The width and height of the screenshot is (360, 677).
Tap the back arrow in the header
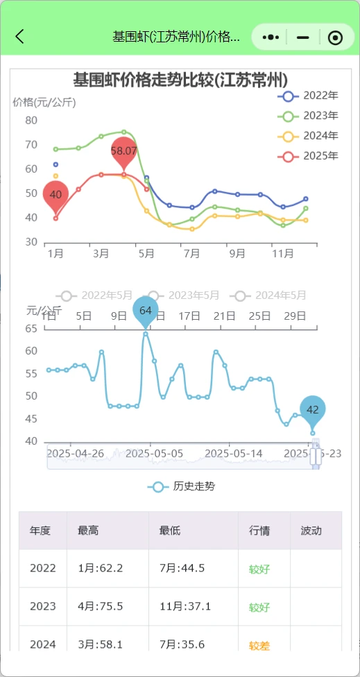(19, 37)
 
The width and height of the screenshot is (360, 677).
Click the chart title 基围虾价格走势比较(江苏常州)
(180, 79)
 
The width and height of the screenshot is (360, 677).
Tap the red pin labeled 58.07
(124, 152)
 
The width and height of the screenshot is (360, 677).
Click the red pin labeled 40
(56, 196)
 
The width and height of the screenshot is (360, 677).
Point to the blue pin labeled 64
(146, 311)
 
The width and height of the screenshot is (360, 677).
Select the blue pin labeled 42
(313, 410)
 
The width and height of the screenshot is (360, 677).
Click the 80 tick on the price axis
(31, 120)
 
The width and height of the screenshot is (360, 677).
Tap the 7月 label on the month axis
(191, 254)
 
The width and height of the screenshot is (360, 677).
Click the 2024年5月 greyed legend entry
(271, 295)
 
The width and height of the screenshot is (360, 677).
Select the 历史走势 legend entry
(182, 486)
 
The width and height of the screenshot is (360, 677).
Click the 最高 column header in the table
(88, 531)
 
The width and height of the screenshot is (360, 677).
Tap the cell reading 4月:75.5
(101, 607)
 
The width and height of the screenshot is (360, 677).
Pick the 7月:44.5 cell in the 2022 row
(182, 569)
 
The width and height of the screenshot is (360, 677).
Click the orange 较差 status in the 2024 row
(259, 646)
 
